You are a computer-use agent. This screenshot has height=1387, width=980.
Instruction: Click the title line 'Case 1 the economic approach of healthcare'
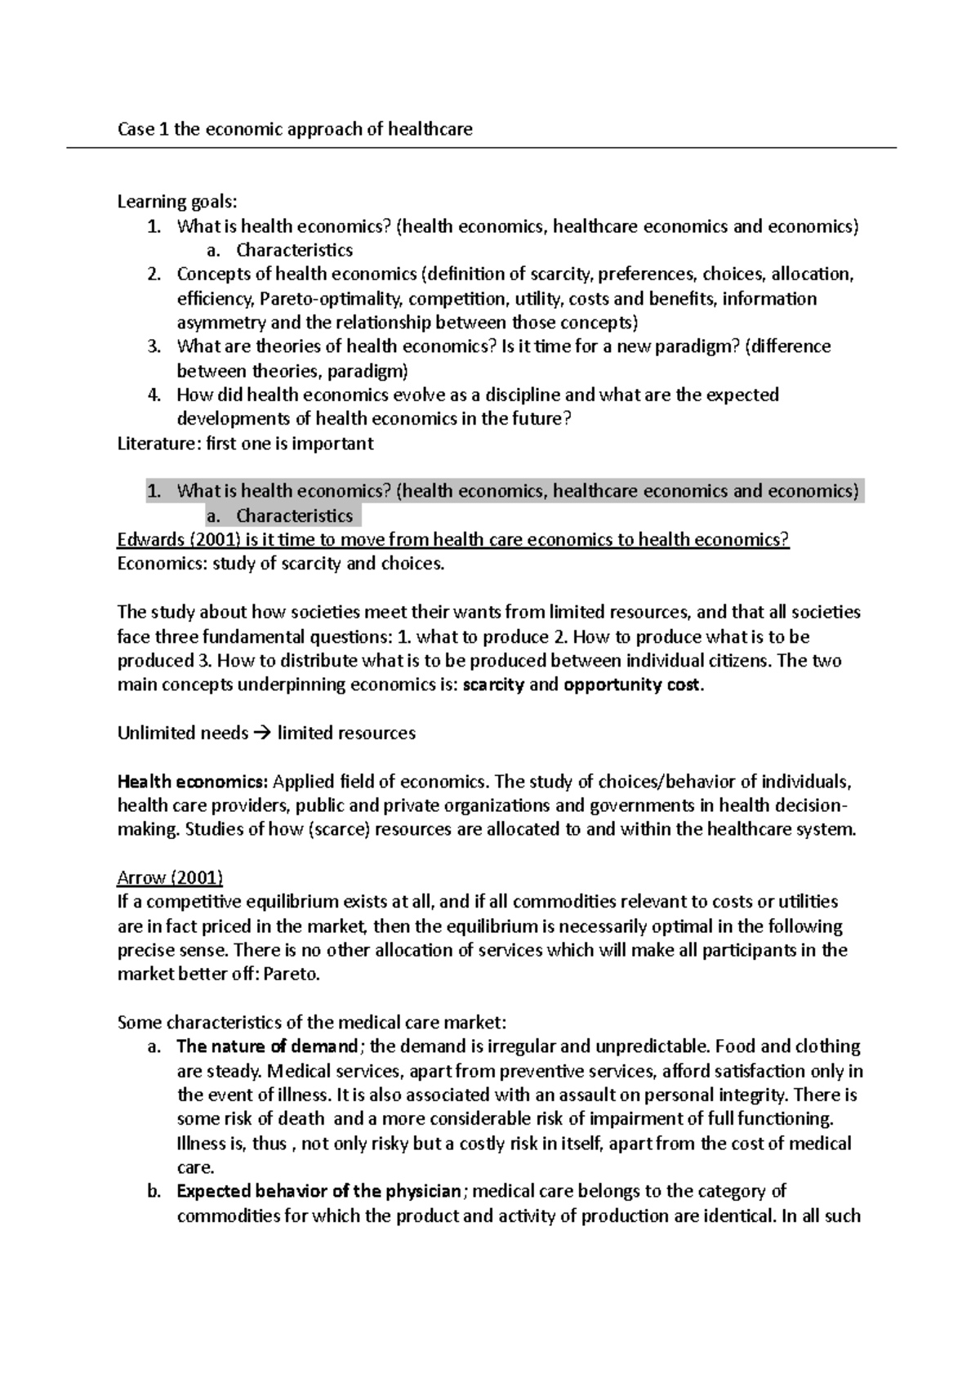295,129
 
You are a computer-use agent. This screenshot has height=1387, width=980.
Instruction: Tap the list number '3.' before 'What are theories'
154,346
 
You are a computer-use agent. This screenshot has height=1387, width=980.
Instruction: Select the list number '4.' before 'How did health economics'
154,395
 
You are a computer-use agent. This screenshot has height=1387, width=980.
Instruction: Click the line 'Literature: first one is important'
245,444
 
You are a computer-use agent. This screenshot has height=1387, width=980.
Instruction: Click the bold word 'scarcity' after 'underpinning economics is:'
492,685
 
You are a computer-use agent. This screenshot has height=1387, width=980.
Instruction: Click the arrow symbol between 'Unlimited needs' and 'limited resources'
262,734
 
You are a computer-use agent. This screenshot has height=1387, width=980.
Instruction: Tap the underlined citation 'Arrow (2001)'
170,878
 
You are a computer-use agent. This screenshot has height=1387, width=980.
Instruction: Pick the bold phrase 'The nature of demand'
267,1046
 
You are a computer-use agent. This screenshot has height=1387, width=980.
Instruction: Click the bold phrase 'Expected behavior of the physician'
318,1191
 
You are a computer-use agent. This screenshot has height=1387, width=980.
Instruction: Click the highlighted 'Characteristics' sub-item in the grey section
294,515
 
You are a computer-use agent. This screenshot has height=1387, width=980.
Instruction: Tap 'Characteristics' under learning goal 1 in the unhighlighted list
294,250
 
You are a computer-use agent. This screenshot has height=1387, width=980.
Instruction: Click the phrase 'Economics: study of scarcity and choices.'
281,564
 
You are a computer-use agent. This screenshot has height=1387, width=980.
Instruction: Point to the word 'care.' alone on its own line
195,1167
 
